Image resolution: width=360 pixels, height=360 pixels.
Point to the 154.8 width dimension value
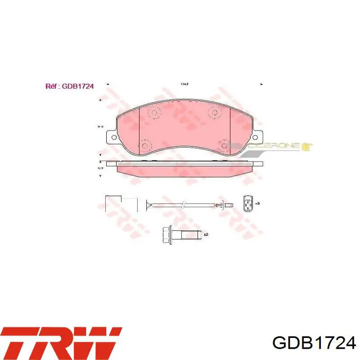(x=184, y=84)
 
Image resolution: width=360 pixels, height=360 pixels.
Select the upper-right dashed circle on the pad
(x=212, y=112)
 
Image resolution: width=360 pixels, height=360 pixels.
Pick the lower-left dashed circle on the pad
(x=145, y=146)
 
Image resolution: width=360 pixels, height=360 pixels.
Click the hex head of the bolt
(x=166, y=234)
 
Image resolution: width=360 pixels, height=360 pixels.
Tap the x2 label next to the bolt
(x=206, y=234)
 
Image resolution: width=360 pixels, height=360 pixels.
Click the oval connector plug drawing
(x=247, y=203)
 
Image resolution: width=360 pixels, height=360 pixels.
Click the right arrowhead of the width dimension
(x=261, y=84)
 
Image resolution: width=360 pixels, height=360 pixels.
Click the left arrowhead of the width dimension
(x=107, y=84)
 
